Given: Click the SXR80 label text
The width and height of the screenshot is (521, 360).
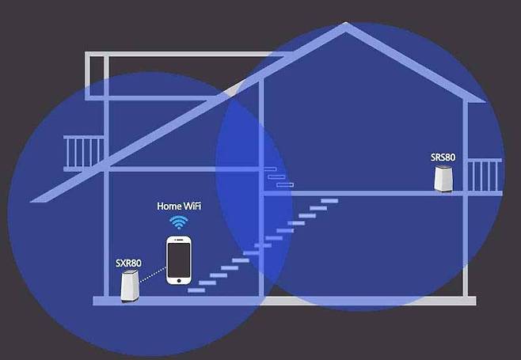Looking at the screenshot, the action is (128, 263).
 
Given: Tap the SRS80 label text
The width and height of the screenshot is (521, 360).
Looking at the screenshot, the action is (443, 157).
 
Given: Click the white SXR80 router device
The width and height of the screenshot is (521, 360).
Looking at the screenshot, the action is (130, 286).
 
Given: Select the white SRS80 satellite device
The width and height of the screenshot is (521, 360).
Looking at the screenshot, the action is (444, 178).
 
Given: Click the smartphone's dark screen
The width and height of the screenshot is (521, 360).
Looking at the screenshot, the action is (179, 260).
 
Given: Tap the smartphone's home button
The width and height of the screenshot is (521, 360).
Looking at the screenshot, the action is (179, 281).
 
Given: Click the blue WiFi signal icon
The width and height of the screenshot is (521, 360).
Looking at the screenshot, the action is (179, 222).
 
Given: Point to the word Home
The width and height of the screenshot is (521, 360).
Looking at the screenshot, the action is (169, 207).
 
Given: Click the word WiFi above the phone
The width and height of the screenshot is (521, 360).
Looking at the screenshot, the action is (192, 207).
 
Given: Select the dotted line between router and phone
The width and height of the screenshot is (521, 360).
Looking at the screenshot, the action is (153, 275).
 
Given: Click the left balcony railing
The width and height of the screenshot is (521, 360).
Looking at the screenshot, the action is (84, 153).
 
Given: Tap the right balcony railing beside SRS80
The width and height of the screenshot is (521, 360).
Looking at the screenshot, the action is (485, 176).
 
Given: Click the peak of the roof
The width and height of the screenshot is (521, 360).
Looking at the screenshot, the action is (345, 23).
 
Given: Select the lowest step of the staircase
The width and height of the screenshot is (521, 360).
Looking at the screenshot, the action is (196, 290).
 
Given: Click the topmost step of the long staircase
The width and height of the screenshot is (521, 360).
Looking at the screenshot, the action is (329, 201).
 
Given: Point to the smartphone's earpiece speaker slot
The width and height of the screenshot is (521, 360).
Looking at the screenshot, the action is (179, 240).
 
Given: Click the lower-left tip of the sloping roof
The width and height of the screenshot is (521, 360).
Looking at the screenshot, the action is (31, 202).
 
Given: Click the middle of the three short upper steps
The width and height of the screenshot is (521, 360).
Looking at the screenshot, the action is (276, 177).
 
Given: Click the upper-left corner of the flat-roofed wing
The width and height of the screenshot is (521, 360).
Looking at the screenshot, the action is (86, 52).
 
